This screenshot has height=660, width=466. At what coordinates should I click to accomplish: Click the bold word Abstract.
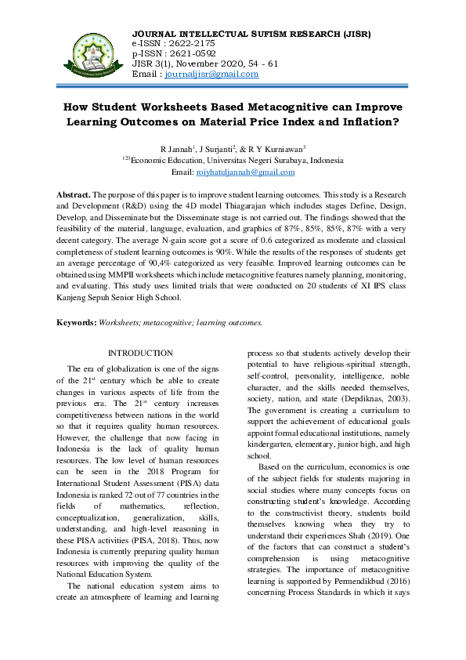tap(73, 194)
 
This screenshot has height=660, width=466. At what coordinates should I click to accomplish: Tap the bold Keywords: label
tap(77, 322)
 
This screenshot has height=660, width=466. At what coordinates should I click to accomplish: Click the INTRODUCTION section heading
tap(140, 354)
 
